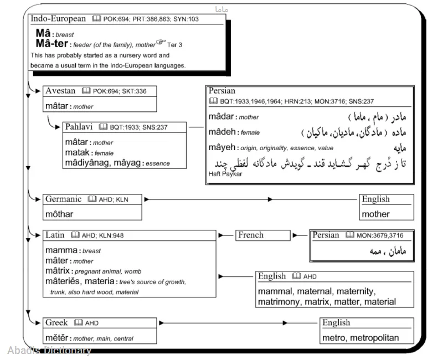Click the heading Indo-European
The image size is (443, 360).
[58, 19]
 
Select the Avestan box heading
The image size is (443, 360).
[61, 90]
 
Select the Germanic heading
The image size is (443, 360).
[63, 199]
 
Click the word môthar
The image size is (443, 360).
[60, 213]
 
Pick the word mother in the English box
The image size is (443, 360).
[375, 214]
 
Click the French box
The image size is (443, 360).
[250, 235]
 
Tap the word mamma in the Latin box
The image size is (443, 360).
[61, 250]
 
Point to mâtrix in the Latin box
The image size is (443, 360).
[58, 271]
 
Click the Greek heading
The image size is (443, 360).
[56, 323]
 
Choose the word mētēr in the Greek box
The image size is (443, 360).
[56, 337]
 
